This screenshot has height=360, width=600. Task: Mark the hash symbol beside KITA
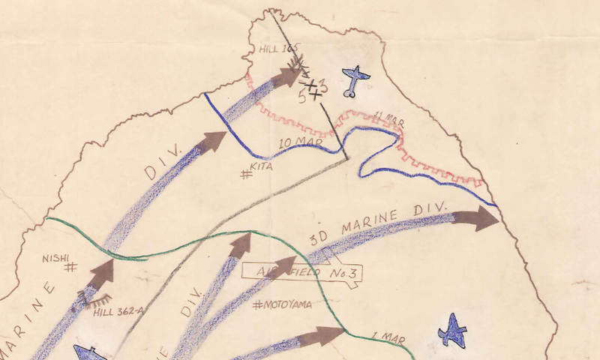point(244,175)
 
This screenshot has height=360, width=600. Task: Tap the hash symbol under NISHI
point(71,266)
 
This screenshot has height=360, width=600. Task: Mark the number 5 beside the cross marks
point(301,97)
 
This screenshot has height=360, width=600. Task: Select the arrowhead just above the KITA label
point(213,141)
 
